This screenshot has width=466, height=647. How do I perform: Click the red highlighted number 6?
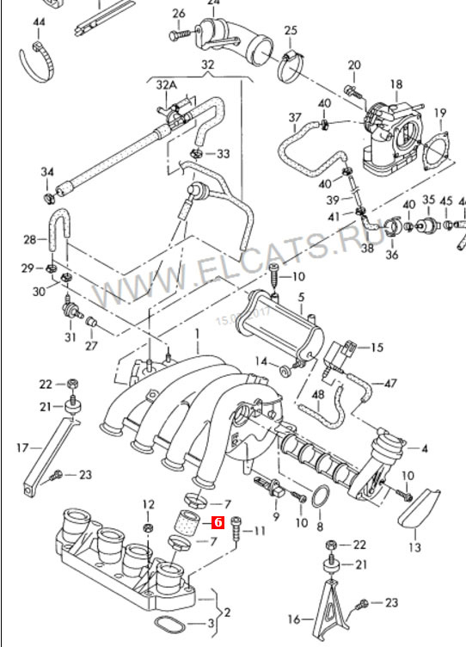pos(218,522)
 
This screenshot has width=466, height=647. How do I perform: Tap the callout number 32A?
pos(166,85)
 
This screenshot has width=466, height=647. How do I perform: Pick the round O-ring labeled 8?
pos(320,498)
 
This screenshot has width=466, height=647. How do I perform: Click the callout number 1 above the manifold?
pos(196,333)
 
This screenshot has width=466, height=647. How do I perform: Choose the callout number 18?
pos(395,83)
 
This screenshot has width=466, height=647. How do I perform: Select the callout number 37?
pos(295,117)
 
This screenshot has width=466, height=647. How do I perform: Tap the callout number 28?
pos(30,239)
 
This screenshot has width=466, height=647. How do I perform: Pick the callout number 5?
pos(301,298)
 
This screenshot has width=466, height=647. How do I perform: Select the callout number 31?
pos(70,336)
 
